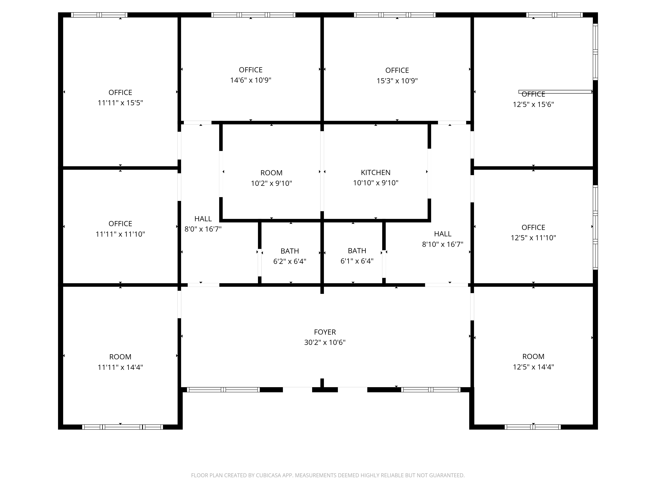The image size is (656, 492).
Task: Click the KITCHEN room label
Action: click(375, 172)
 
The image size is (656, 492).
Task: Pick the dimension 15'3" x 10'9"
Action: click(397, 81)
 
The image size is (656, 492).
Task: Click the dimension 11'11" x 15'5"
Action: click(120, 103)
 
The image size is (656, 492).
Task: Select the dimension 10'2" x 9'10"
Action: click(271, 183)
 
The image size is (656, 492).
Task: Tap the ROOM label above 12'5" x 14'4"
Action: click(533, 357)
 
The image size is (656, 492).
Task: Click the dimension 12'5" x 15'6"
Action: click(533, 104)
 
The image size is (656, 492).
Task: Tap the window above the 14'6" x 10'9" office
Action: click(253, 15)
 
